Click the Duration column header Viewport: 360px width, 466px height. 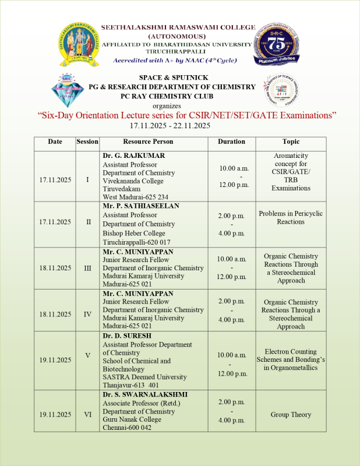coord(231,142)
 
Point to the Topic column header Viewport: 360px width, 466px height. coord(291,142)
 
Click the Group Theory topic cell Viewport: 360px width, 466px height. coord(291,415)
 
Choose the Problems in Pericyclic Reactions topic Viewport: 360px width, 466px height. coord(291,218)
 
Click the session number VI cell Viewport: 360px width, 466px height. coord(87,415)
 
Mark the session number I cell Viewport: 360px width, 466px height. coord(87,179)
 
